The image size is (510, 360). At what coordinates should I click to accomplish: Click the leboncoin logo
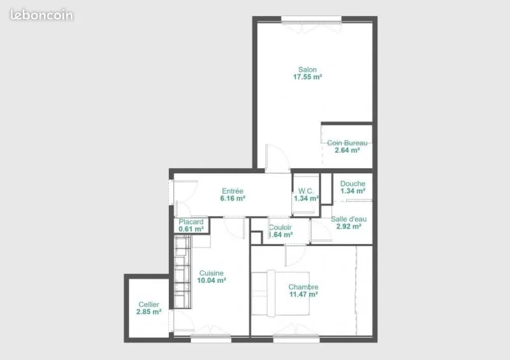click(41, 15)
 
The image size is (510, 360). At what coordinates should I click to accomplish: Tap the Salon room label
click(307, 69)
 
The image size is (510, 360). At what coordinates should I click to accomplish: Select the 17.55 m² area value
click(307, 77)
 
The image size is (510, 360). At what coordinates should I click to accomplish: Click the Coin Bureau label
click(347, 143)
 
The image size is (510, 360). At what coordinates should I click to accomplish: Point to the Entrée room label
click(233, 191)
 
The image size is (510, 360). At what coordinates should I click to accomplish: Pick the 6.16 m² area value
click(233, 198)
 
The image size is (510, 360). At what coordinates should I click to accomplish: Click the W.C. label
click(306, 191)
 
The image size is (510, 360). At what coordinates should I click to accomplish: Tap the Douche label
click(353, 184)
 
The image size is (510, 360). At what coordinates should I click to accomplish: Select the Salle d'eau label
click(349, 219)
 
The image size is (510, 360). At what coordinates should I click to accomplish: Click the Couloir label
click(280, 227)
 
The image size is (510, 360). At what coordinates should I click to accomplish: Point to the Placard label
click(191, 222)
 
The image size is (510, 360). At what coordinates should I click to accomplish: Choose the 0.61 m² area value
click(191, 229)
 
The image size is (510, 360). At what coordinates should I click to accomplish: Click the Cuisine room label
click(212, 273)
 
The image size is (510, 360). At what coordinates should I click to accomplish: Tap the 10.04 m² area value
click(212, 280)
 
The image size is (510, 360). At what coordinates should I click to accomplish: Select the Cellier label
click(149, 305)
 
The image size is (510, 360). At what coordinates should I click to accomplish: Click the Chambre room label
click(303, 287)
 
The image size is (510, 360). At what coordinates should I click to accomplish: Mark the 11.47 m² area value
click(303, 294)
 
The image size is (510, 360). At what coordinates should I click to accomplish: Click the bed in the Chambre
click(280, 293)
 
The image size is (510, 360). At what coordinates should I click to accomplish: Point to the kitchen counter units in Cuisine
click(182, 272)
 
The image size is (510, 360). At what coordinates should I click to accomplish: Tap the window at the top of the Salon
click(311, 20)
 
